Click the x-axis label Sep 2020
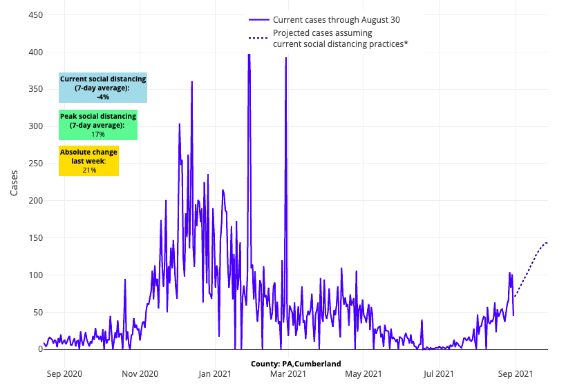(x=64, y=374)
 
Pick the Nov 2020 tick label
(x=140, y=374)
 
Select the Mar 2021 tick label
(x=287, y=374)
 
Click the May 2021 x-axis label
(x=363, y=374)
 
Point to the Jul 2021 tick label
(x=438, y=374)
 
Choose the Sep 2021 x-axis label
(x=515, y=374)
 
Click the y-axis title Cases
(x=15, y=182)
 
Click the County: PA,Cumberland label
(x=296, y=364)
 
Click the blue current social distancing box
(x=103, y=88)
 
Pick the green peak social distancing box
(x=98, y=125)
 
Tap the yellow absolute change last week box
(x=88, y=160)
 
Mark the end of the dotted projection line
(x=547, y=242)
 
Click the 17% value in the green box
(x=98, y=134)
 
